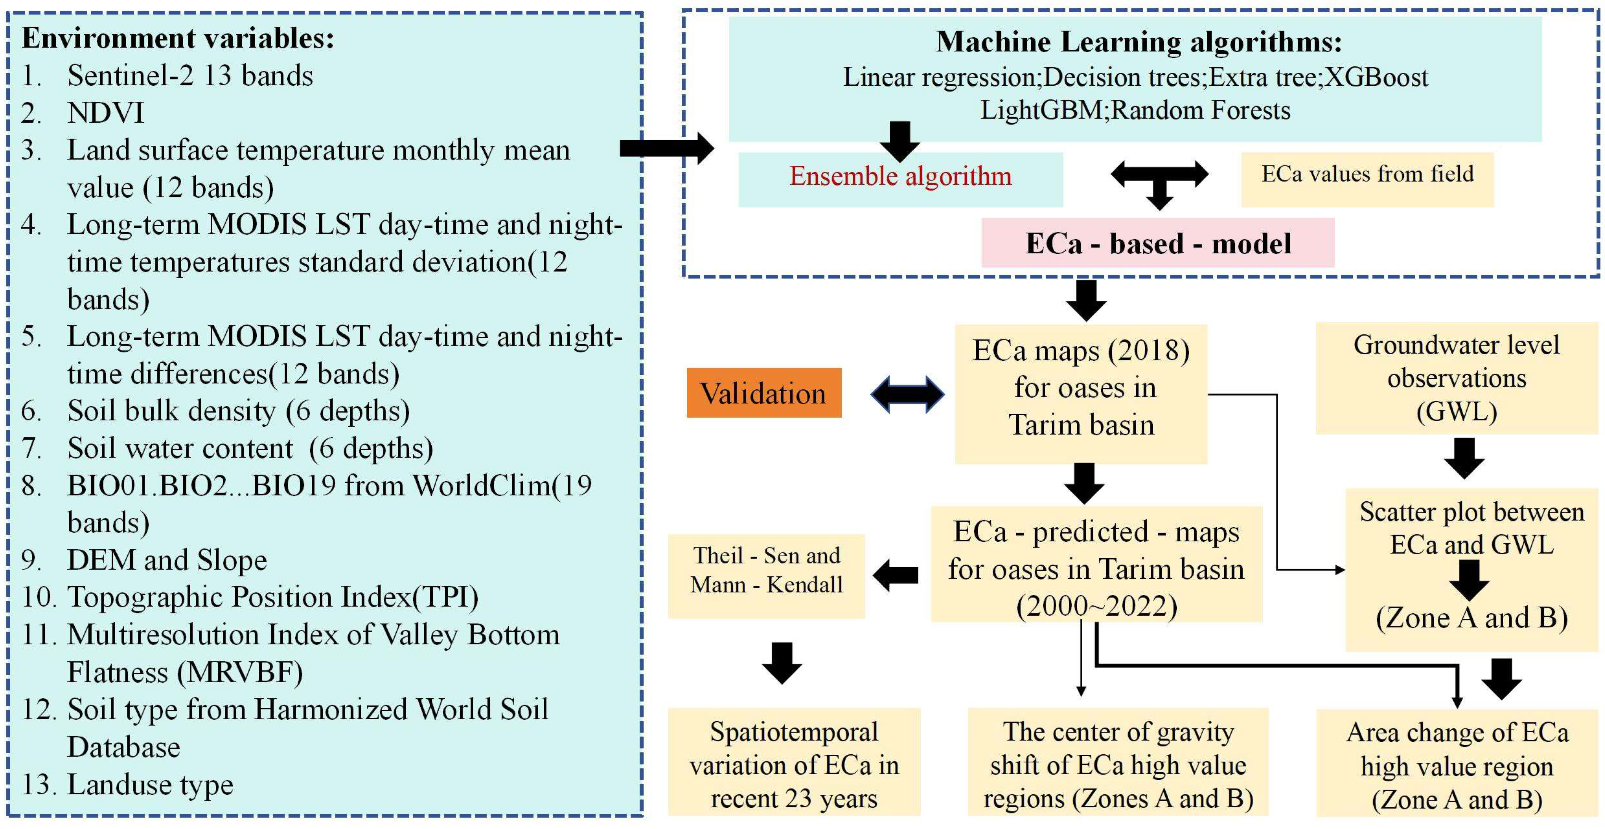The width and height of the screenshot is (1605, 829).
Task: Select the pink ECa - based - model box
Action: (1158, 243)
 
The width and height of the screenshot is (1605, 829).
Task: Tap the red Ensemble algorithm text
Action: (900, 176)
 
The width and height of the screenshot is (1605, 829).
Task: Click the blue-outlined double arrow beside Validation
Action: (907, 394)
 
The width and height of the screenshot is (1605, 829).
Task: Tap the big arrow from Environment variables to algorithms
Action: (667, 148)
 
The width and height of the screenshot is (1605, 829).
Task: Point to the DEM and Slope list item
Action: (167, 560)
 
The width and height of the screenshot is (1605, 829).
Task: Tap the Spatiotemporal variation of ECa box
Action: (794, 765)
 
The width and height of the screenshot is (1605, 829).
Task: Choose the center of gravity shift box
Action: (1118, 765)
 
